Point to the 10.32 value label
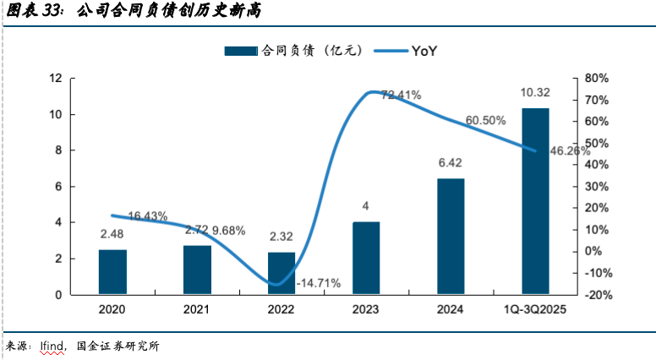[x=535, y=93]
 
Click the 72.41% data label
[x=402, y=95]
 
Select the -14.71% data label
[x=318, y=283]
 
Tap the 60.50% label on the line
[x=485, y=120]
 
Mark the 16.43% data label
[x=148, y=215]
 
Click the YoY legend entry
[x=424, y=51]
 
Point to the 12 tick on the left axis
[x=57, y=79]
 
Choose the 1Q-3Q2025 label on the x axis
[x=535, y=312]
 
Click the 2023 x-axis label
[x=366, y=312]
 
